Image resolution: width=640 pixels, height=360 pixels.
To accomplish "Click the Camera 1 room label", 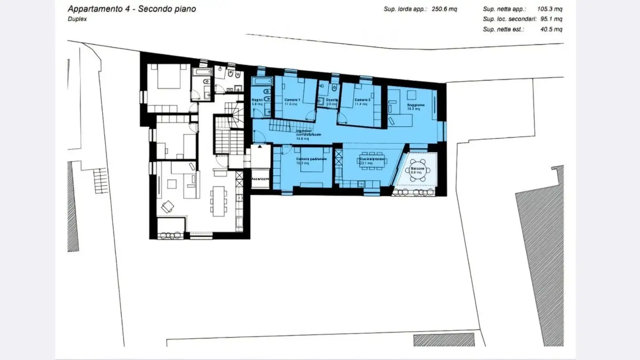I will click(292, 100).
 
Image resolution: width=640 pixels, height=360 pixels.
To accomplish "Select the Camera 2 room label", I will click(362, 100).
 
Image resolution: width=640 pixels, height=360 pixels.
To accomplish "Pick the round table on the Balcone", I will click(418, 170).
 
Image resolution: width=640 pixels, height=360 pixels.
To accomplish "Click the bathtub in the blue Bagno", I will click(261, 82).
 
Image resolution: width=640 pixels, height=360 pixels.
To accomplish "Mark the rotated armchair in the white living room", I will click(168, 206).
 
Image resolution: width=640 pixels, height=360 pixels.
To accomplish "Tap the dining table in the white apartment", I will click(219, 200).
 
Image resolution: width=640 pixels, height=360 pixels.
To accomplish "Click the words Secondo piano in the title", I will click(167, 9).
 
